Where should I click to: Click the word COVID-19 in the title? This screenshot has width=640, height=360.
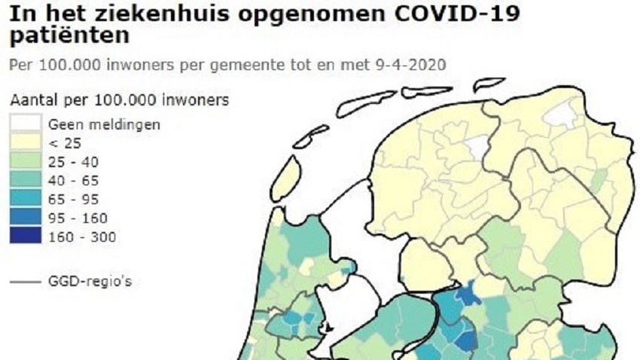[460, 14]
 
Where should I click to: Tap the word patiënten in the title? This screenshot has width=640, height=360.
[68, 35]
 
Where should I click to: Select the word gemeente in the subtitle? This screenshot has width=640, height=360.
[260, 65]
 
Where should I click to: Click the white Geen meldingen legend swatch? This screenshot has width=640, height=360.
[26, 124]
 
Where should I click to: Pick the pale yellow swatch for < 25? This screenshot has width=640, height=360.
[26, 142]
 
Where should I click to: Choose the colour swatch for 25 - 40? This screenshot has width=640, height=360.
[26, 161]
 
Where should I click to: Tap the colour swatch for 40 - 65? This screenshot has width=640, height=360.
[26, 180]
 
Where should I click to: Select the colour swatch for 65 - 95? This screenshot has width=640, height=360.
[26, 199]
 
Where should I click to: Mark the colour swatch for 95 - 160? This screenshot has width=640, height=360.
[26, 218]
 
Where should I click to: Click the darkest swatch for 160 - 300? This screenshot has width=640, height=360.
[26, 236]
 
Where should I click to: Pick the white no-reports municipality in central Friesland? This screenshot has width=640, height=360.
[476, 145]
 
